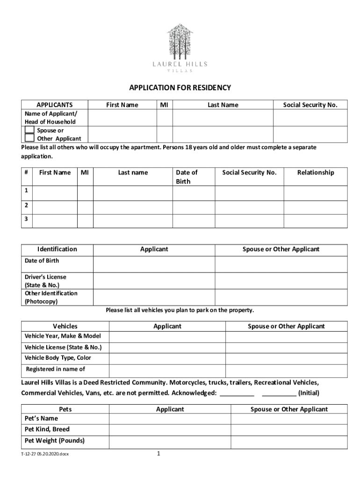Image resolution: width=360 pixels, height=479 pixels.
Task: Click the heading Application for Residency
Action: [180, 88]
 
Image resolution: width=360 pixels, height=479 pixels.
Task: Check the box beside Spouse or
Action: [29, 130]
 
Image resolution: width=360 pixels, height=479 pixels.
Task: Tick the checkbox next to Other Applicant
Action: [29, 138]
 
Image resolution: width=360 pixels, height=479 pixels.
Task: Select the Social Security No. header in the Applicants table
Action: [310, 105]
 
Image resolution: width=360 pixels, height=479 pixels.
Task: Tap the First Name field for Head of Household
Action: [122, 118]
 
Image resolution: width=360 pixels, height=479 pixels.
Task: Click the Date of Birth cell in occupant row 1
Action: [194, 193]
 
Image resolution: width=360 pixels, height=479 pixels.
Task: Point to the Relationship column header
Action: [316, 173]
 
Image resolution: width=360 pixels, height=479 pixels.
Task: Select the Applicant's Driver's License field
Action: [154, 281]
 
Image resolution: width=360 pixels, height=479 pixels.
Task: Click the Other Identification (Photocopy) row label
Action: [51, 298]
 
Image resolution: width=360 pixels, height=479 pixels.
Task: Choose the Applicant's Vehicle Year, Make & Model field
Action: [167, 337]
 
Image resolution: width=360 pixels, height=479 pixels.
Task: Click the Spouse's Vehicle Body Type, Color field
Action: [286, 359]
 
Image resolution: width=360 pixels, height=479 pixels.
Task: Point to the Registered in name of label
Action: [55, 370]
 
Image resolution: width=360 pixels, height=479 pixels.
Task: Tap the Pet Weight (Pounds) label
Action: [55, 441]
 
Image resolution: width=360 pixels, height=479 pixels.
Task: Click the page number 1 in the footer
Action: [159, 454]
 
